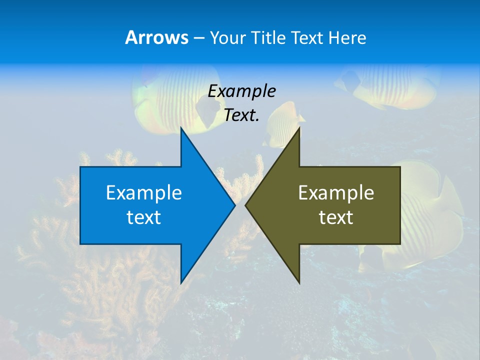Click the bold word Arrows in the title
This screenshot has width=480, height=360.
coord(156,37)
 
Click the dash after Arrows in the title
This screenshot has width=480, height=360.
coord(199,38)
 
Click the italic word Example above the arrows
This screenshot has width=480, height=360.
coord(241,91)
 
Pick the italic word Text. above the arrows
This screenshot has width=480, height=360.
coord(241,115)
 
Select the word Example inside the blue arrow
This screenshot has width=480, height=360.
coord(144,193)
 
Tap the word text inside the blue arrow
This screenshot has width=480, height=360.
coord(144,217)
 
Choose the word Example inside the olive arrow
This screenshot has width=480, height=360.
coord(336,193)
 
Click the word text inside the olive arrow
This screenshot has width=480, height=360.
coord(336,217)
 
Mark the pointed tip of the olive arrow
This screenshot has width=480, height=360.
coord(246,205)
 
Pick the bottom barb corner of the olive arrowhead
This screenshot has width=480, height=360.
coord(299,282)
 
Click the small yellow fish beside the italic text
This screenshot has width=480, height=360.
coord(285,122)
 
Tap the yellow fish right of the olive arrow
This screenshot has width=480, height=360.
coord(425,215)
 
